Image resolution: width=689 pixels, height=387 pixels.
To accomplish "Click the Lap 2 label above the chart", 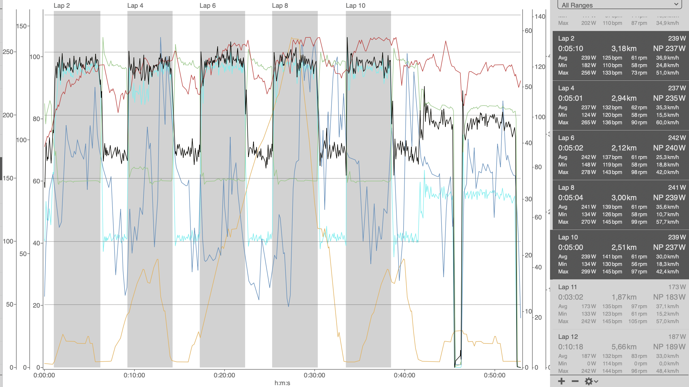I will coord(61,6).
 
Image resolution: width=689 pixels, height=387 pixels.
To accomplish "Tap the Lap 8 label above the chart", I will coord(280,6).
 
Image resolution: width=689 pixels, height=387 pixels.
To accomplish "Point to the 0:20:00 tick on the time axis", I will coord(224,375).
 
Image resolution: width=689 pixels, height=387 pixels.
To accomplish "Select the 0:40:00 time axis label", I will coord(404,375).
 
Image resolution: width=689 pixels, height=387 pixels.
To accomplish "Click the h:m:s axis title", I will coord(282,383).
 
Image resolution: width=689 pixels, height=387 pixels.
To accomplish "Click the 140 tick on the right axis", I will coord(540,17).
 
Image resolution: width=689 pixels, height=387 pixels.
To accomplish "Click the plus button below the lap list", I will coord(562,381).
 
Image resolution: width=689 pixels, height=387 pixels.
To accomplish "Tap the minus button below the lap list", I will coord(575,381).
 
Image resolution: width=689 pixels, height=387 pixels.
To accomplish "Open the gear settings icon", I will coord(591,381).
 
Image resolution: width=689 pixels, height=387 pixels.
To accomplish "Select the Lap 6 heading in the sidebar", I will coord(566,138).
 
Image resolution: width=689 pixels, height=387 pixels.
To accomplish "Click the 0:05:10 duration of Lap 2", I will coord(570,48).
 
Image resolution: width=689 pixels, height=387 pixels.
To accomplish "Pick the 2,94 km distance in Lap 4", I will coord(624,98).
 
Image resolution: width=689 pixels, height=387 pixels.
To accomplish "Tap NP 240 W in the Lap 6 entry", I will coord(669,148).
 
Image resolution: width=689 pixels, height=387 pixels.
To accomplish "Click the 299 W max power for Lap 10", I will coord(588,272).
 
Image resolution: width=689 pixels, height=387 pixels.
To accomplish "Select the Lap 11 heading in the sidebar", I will coord(567,287).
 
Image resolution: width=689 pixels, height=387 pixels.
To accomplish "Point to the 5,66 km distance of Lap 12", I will coord(624,347).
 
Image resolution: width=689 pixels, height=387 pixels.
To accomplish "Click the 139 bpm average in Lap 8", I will coord(612,207).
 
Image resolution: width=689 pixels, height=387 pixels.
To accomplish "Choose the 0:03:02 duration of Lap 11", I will coord(570,297).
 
